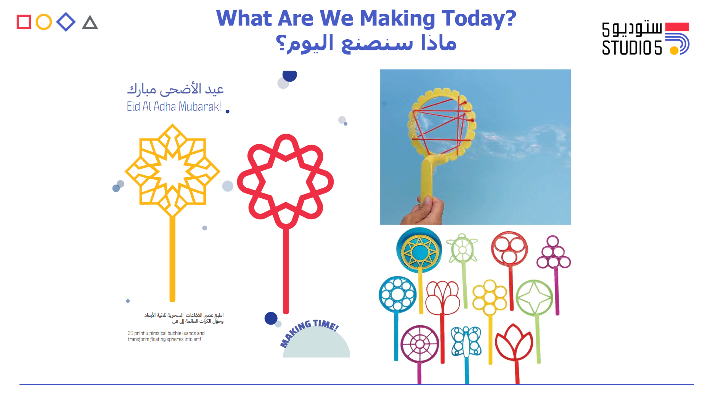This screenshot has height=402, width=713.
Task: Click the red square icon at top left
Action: pos(24,22)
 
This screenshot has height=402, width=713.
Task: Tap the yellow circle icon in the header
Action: pos(43,22)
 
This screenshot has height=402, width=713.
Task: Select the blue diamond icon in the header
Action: pos(66,22)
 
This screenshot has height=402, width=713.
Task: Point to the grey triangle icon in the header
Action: pos(90,23)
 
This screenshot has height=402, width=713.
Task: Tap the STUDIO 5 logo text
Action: pos(632,48)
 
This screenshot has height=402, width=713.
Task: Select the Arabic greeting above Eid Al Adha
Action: pos(175,89)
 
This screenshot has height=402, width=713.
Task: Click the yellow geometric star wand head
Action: pos(172,170)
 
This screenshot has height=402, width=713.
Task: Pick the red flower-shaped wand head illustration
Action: pos(285,182)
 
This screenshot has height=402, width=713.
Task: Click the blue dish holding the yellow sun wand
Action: pos(419,250)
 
